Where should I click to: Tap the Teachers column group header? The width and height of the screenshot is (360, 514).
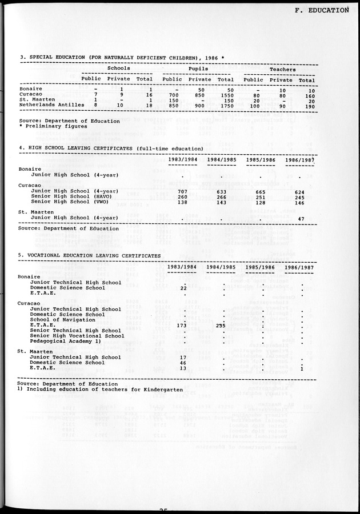click(x=282, y=69)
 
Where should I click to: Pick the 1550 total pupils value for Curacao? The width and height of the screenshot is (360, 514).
click(x=227, y=95)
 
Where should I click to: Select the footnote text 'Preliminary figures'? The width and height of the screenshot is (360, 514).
click(x=46, y=126)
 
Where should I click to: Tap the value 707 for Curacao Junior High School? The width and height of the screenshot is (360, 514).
click(x=182, y=191)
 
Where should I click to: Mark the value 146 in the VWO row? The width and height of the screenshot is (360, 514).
click(x=299, y=202)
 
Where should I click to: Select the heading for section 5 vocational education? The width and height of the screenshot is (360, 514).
click(x=90, y=255)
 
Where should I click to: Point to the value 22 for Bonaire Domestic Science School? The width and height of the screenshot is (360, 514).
click(x=183, y=288)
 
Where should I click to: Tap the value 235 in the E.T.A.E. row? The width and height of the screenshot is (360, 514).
click(x=221, y=325)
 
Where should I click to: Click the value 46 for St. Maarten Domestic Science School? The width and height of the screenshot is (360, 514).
click(x=183, y=363)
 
